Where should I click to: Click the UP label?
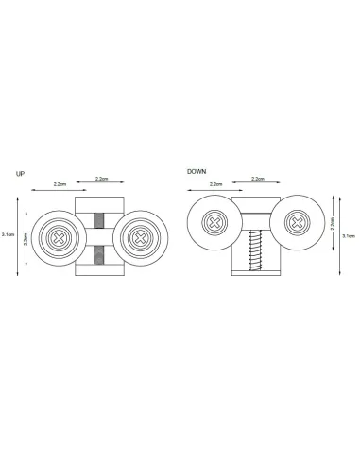20,174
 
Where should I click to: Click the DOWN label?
197,172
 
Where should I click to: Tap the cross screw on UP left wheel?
59,238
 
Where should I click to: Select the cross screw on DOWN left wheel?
214,223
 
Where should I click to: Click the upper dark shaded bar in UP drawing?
99,220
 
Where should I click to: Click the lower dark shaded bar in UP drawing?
99,255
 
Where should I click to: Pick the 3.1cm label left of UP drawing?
8,234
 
